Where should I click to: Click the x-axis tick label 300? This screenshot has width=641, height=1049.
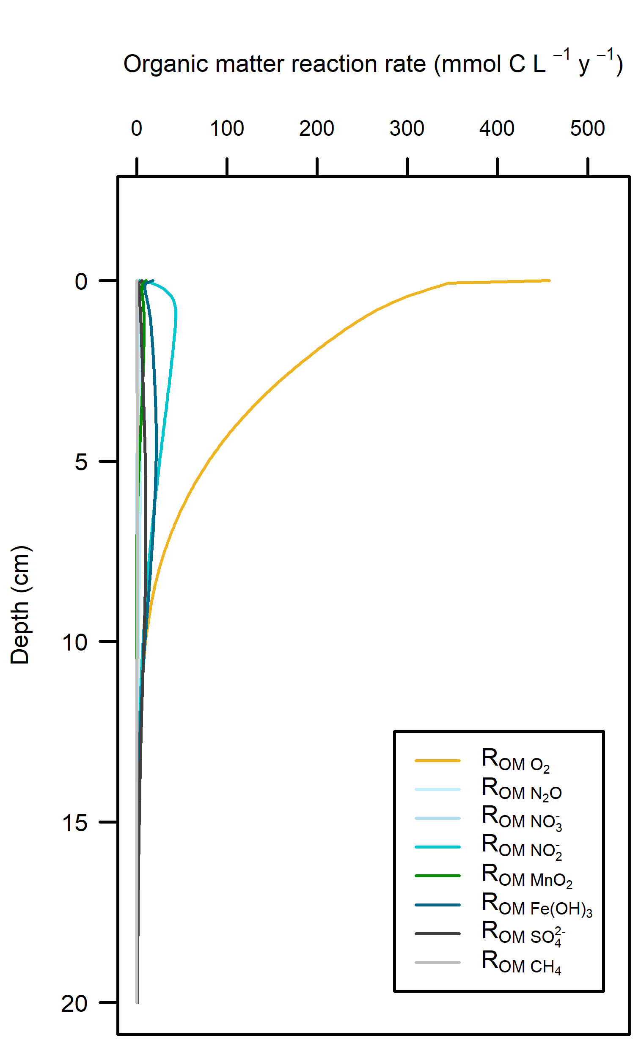(407, 128)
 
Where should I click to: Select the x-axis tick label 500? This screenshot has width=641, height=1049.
(587, 128)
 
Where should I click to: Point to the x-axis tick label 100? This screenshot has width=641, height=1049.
(227, 128)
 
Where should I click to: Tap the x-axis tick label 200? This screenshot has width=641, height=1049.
(316, 128)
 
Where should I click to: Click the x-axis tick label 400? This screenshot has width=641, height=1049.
(497, 128)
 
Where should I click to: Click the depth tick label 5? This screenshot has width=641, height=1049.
(81, 461)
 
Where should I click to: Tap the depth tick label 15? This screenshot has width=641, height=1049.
(74, 823)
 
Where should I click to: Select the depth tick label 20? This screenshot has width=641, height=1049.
(74, 1003)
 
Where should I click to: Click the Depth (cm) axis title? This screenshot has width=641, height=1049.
(19, 604)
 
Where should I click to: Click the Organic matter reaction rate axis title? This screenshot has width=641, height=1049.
(373, 64)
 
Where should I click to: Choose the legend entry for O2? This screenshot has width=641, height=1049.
(515, 761)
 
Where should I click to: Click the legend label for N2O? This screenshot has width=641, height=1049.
(521, 789)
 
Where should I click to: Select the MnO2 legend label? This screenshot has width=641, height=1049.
(527, 876)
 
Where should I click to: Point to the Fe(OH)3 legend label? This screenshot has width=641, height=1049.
(536, 905)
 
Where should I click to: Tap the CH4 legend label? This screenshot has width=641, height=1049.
(521, 963)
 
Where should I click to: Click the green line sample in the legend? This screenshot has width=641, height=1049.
(437, 876)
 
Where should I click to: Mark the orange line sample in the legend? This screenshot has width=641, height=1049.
(437, 761)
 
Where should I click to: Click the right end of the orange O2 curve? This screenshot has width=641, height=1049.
(550, 280)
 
